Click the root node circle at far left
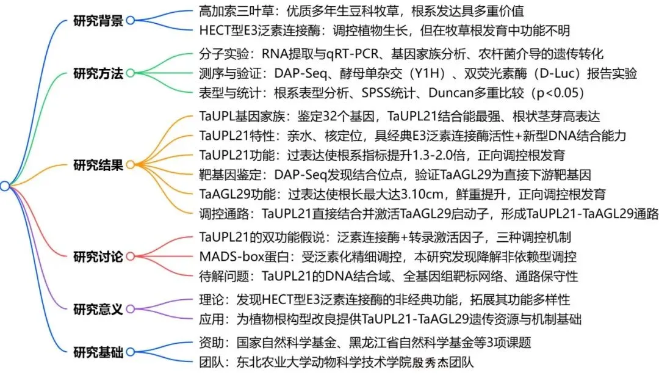coord(5,186)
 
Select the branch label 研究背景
coord(98,20)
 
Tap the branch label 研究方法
coord(98,73)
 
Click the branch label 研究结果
coord(98,165)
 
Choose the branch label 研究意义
coord(98,309)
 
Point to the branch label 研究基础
coord(98,352)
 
